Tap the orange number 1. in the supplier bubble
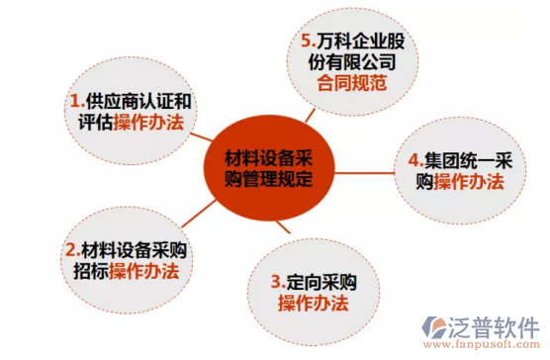pyautogui.click(x=76, y=102)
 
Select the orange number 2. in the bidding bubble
pyautogui.click(x=70, y=249)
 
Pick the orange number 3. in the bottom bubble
pyautogui.click(x=278, y=279)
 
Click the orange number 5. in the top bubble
pyautogui.click(x=308, y=43)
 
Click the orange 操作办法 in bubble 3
pyautogui.click(x=310, y=301)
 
